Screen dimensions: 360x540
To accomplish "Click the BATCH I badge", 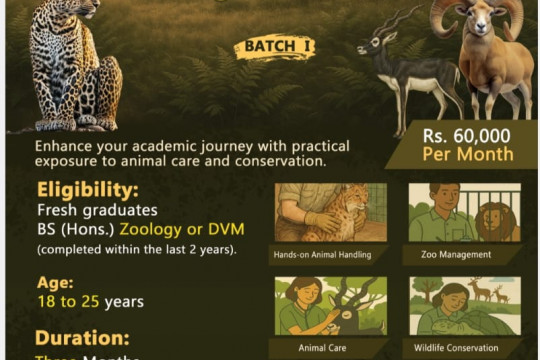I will click(273, 47).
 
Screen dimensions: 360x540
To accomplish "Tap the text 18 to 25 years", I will click(90, 301).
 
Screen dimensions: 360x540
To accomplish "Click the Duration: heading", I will click(82, 337).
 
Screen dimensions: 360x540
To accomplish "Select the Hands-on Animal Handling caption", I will click(322, 255).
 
